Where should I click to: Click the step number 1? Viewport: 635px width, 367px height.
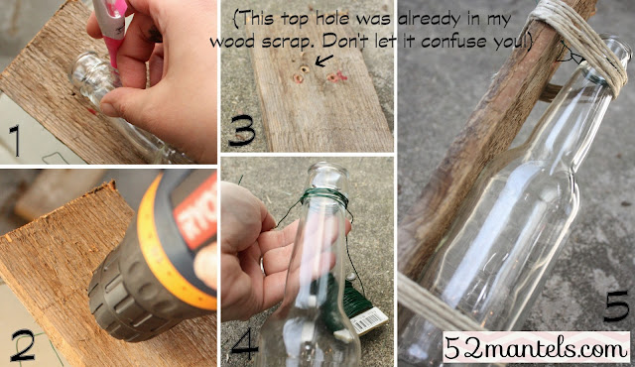coord(15,141)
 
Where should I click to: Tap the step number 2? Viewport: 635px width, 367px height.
coord(23,345)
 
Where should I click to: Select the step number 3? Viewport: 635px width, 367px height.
coord(242,130)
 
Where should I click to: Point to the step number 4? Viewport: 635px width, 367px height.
coord(244,343)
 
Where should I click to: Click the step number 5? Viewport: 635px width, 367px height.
coord(616,306)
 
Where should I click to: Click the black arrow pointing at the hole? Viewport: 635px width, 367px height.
coord(324,61)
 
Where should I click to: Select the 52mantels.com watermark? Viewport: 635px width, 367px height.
coord(536,347)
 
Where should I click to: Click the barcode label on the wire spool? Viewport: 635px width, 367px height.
coord(368,320)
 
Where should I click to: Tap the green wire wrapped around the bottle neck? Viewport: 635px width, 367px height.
coord(324,197)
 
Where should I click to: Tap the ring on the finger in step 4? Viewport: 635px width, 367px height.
coord(262,266)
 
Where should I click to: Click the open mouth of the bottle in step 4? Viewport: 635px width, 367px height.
coord(328,167)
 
